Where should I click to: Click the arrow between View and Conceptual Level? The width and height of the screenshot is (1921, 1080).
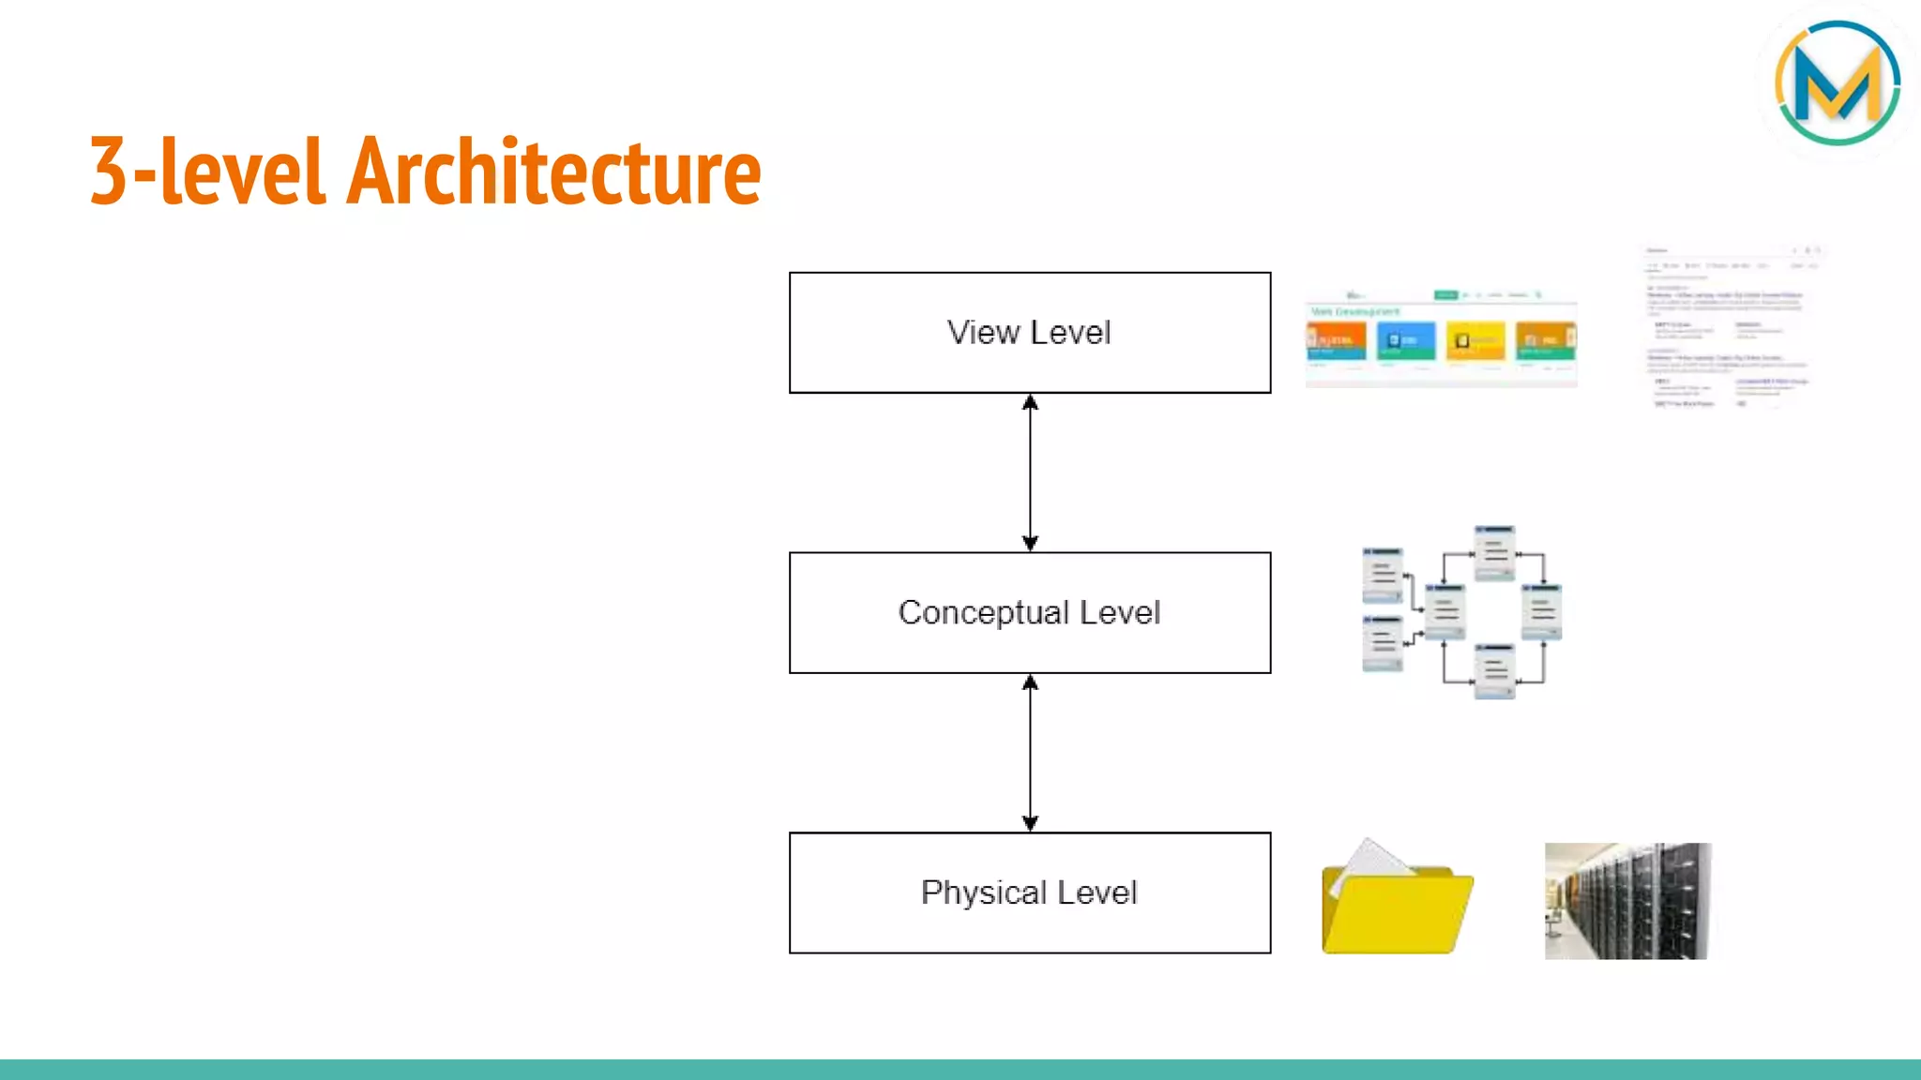1030,472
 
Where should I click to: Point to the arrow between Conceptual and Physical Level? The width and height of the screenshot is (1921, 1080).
1030,753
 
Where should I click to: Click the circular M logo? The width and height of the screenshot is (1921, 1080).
1837,83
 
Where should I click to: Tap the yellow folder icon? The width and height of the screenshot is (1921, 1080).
1397,909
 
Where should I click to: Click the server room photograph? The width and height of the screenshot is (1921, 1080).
1627,901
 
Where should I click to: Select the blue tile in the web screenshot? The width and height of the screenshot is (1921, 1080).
1405,341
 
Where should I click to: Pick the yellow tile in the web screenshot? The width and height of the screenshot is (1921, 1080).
1475,341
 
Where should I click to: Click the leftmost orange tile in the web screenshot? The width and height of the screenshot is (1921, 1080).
1336,341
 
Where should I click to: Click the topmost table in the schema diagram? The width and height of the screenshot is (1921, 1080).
1494,552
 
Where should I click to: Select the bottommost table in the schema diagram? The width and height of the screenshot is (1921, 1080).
1494,671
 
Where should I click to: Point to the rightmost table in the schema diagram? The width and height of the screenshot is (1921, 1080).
1541,611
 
